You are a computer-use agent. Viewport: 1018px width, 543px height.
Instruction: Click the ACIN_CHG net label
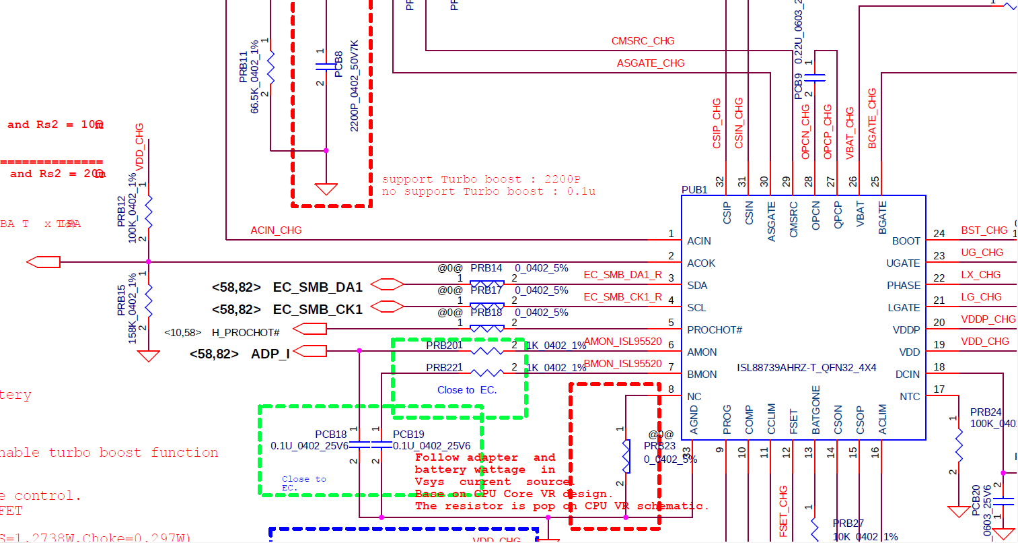(276, 230)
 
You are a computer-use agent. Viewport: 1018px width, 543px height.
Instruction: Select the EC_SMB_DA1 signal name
(317, 288)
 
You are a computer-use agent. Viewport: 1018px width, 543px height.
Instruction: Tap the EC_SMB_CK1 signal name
(317, 310)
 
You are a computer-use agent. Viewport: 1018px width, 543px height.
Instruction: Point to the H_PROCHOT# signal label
(246, 333)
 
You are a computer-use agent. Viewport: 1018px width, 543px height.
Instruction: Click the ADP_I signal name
(270, 354)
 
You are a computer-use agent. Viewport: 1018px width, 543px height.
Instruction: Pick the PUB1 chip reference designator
(694, 190)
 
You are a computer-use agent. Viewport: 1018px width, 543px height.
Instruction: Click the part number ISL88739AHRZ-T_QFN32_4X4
(806, 368)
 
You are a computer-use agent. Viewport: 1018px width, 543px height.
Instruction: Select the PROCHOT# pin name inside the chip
(714, 330)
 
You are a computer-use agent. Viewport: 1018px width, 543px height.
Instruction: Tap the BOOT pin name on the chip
(906, 241)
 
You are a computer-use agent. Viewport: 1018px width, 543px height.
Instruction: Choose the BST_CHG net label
(984, 230)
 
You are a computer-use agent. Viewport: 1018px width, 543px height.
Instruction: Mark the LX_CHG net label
(980, 275)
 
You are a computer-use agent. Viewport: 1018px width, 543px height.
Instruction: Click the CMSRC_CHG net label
(643, 41)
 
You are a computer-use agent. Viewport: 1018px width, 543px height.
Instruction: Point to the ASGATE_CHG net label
(651, 63)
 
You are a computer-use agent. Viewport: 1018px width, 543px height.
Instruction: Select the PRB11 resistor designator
(244, 67)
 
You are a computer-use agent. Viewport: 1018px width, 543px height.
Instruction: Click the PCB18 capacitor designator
(330, 435)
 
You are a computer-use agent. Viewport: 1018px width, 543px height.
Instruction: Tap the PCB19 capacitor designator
(408, 435)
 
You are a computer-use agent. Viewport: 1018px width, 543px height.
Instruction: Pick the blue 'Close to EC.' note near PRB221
(467, 390)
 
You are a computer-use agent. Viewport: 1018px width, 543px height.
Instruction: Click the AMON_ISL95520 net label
(623, 342)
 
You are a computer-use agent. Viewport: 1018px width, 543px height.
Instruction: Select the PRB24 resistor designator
(985, 412)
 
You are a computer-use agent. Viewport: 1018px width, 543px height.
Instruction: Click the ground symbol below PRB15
(148, 355)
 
